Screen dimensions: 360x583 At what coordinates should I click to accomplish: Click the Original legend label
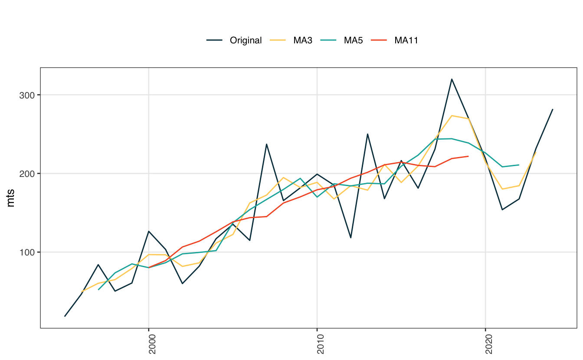[246, 40]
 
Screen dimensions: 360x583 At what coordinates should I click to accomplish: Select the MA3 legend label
[303, 40]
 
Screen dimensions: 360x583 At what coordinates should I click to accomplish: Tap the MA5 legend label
[354, 40]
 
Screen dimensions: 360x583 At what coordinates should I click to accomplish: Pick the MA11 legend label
[406, 40]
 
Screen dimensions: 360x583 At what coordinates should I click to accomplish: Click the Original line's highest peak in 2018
[452, 79]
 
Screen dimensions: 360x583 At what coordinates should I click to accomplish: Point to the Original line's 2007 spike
[266, 144]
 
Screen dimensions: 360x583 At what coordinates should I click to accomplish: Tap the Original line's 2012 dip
[350, 238]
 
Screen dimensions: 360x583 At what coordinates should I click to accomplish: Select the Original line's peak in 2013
[367, 134]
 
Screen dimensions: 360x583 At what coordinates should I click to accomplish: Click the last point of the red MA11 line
[468, 156]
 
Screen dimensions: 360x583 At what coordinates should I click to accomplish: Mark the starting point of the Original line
[65, 316]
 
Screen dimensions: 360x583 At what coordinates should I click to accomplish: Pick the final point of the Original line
[553, 109]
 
